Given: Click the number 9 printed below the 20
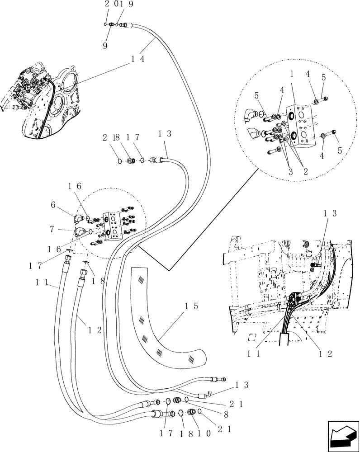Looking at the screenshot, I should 105,46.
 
